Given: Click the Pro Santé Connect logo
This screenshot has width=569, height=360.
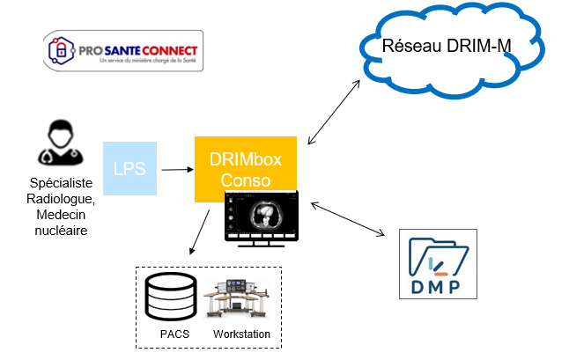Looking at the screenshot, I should click(123, 51).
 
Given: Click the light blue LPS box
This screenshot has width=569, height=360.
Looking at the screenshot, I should click(130, 168).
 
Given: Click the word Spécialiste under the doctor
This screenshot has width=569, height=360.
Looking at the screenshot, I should click(60, 187).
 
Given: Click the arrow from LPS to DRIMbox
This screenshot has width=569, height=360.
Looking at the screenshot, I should click(176, 169).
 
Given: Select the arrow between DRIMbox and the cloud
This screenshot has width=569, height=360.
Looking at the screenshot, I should click(335, 112).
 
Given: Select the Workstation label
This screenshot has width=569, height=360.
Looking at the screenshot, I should click(241, 334).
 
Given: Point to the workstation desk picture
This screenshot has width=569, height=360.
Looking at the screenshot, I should click(240, 298).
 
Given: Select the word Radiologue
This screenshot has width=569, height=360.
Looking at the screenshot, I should click(60, 201).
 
